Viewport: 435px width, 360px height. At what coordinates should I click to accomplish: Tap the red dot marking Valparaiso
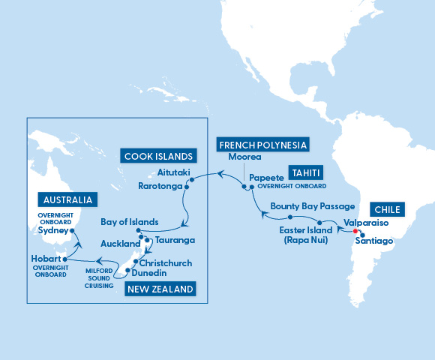[x=355, y=231]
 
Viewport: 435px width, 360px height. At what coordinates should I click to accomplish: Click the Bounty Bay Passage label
[x=301, y=205]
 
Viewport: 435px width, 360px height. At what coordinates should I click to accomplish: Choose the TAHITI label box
[x=307, y=172]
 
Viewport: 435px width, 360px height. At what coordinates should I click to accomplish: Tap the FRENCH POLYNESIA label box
[x=262, y=144]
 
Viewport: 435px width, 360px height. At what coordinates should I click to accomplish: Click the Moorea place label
[x=244, y=157]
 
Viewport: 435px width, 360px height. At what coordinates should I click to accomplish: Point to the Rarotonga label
[x=161, y=185]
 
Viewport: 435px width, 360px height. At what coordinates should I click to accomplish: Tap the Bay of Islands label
[x=130, y=222]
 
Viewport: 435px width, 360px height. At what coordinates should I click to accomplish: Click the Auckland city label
[x=120, y=244]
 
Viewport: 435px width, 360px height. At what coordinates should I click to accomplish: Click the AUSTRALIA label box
[x=67, y=200]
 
